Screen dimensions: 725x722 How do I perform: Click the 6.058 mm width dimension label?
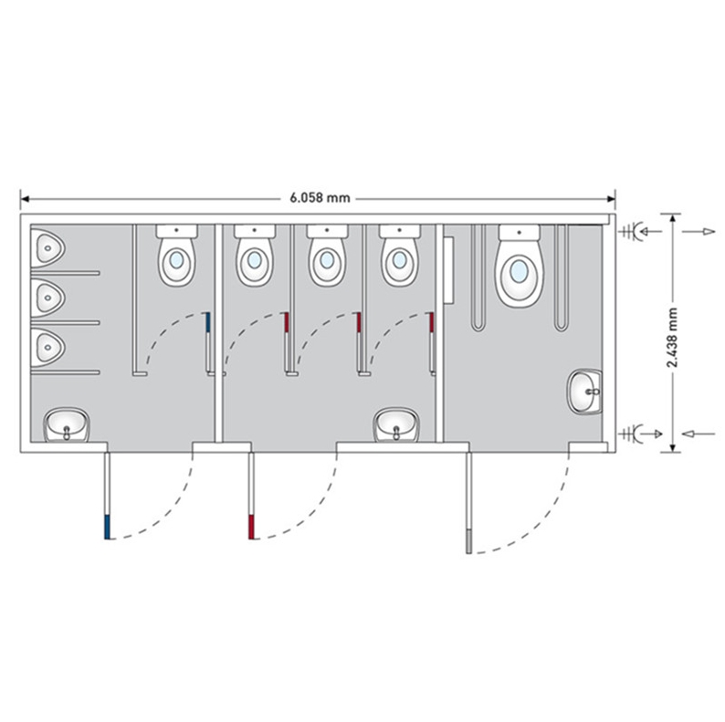tap(320, 198)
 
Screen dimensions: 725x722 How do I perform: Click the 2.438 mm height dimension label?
tap(672, 338)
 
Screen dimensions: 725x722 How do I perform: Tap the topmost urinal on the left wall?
tap(47, 248)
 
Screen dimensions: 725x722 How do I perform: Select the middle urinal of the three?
tap(47, 298)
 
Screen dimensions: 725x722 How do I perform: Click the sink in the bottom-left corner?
tap(67, 424)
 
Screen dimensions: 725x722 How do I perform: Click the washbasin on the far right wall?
tap(585, 391)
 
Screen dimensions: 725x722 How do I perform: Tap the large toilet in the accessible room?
tap(520, 267)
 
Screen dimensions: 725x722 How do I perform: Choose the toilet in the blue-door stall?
tap(176, 256)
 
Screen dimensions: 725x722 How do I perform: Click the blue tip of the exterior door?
tap(107, 528)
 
